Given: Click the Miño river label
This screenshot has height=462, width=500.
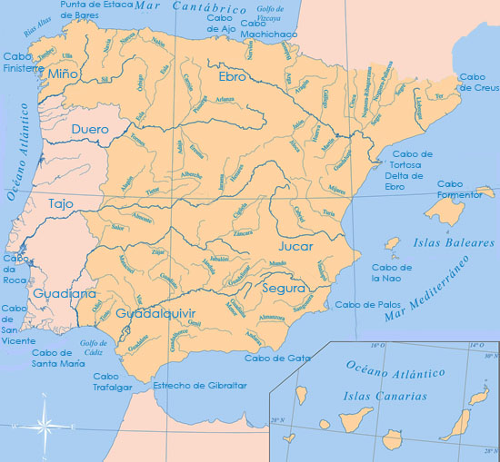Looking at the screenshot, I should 63,73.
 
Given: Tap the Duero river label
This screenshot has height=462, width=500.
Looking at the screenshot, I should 89,129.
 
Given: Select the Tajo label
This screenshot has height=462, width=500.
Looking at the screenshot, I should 61,204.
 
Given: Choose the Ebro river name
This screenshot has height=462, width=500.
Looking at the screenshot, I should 232,78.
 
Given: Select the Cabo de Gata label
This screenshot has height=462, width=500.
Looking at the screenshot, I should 272,358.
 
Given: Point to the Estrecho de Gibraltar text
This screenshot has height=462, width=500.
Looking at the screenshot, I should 200,386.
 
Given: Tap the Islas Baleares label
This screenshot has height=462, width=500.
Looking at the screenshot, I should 442,243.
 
